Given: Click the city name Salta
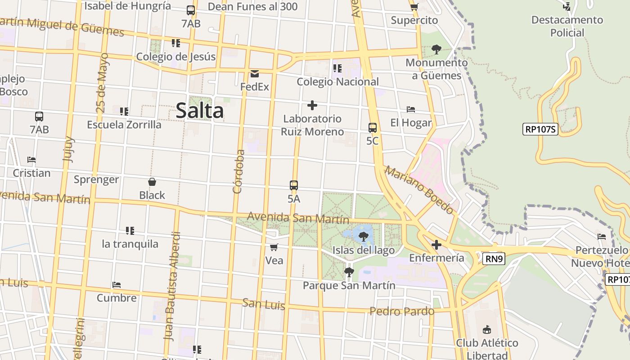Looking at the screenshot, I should (x=199, y=111).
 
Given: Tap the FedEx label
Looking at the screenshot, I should (x=254, y=86).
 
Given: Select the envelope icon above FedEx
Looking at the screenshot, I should (x=255, y=74).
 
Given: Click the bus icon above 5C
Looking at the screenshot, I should (x=372, y=127).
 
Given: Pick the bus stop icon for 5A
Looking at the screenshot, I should (x=294, y=185).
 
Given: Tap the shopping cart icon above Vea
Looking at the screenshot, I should (x=274, y=247).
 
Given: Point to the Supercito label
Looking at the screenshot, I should (x=414, y=20).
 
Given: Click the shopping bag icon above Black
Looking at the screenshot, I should (x=152, y=182).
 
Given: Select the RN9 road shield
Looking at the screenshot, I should (x=494, y=259).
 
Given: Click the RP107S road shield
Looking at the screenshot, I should (x=540, y=130).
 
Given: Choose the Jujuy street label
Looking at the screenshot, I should (x=68, y=149).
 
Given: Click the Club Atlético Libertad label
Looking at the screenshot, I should (x=487, y=349).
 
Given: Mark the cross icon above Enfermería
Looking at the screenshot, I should (x=436, y=245).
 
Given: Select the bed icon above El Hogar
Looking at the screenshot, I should (x=410, y=109).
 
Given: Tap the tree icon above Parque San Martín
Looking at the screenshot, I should (x=349, y=272).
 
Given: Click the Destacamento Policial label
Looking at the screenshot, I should (x=567, y=26).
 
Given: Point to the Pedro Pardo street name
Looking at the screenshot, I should (x=402, y=311).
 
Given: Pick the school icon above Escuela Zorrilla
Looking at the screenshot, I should (x=124, y=111).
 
